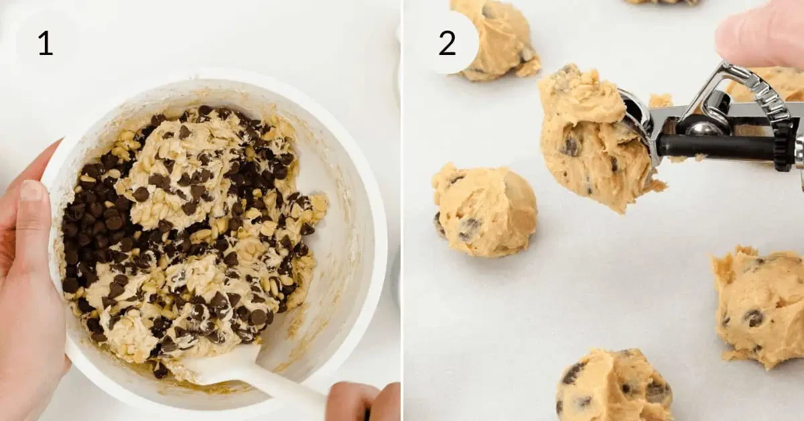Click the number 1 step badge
(45, 43)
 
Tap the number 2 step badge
(447, 43)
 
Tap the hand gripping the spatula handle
(362, 402)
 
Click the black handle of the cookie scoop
(717, 147)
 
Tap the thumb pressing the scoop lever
(757, 34)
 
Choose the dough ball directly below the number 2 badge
(484, 211)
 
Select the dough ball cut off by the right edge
(760, 305)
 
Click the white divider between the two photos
(402, 210)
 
